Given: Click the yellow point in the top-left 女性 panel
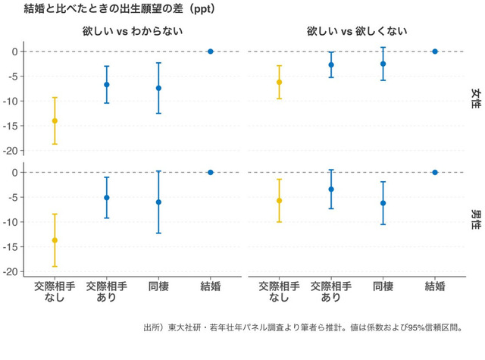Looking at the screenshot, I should coord(55,121).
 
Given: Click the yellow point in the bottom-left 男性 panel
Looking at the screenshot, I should coord(55,240).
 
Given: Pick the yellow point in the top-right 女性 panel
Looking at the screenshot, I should coord(279,82).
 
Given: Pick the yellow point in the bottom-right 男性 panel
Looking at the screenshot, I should coord(279,201).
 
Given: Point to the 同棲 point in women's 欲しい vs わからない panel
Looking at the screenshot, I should coord(158,88).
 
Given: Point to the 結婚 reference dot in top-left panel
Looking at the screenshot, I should coord(211,52).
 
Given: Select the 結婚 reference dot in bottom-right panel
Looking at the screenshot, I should coord(435,173).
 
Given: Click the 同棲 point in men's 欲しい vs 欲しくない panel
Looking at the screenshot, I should coord(383,203).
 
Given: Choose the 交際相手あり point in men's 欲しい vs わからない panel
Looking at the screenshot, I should coord(107,198).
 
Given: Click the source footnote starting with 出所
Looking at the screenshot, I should coord(302,328).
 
